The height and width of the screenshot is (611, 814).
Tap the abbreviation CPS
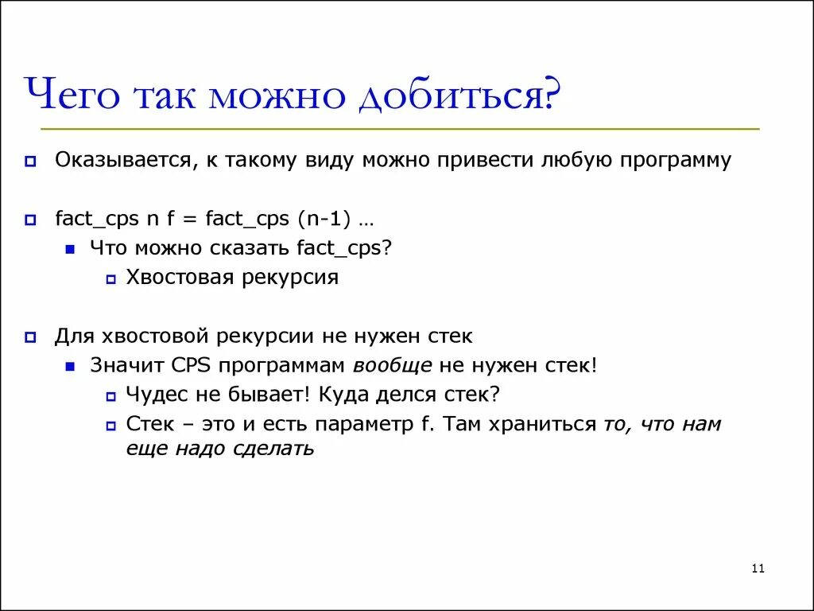(191, 366)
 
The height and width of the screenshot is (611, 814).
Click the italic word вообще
(393, 366)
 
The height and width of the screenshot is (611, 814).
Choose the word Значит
(127, 366)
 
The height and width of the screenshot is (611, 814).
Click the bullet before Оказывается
(30, 162)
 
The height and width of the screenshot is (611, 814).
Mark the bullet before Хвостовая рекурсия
(110, 279)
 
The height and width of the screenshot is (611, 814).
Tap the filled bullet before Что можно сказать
(71, 249)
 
